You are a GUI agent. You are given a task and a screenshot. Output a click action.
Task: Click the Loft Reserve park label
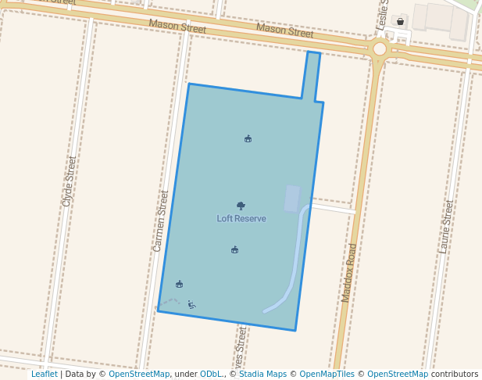[x=241, y=219]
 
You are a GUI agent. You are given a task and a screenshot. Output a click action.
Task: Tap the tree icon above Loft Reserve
[x=241, y=206]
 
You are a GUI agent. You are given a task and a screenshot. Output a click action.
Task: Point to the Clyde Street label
[x=69, y=181]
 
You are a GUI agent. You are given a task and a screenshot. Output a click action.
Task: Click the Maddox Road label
[x=349, y=272]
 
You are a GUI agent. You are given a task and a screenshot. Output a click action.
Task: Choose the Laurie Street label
[x=446, y=227]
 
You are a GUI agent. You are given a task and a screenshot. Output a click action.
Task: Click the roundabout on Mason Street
[x=380, y=49]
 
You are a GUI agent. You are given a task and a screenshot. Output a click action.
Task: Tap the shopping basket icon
[x=401, y=21]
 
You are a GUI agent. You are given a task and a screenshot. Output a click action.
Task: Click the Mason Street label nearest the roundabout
[x=284, y=31]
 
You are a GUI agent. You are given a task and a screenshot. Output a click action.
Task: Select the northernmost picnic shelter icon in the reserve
[x=248, y=139]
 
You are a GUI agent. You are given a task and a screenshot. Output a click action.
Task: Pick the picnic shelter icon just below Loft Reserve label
[x=234, y=250]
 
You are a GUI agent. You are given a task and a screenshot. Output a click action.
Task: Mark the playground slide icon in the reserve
[x=191, y=305]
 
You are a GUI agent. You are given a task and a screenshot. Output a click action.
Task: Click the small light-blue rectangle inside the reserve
[x=291, y=199]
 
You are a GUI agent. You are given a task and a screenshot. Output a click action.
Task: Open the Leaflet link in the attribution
[x=44, y=374]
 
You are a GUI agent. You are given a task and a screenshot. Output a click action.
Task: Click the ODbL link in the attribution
[x=211, y=374]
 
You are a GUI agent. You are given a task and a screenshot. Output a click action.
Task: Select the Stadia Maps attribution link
[x=262, y=374]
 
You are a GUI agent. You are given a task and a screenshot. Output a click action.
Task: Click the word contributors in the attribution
[x=455, y=374]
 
